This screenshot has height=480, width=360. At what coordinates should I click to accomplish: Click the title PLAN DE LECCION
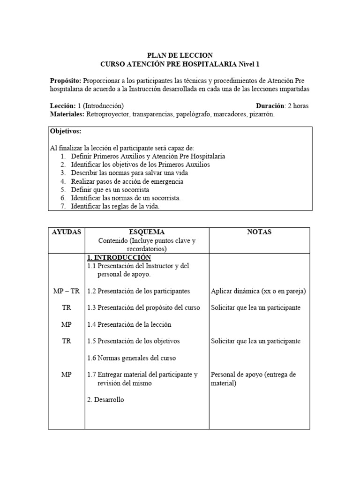click(180, 55)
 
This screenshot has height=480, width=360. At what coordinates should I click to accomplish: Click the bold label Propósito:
click(65, 81)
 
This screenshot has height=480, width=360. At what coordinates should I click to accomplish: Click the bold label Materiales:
click(67, 114)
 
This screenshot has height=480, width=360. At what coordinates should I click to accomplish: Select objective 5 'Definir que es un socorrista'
click(110, 190)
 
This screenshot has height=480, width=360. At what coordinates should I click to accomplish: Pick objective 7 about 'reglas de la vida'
click(115, 207)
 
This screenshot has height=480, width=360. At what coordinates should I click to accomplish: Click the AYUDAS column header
click(66, 232)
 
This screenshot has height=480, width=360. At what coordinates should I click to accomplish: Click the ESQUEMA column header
click(146, 232)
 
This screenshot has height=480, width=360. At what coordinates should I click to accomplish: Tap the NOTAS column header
click(259, 232)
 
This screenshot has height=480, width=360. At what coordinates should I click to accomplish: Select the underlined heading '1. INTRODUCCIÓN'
click(119, 257)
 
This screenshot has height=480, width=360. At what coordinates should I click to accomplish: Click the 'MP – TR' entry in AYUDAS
click(66, 291)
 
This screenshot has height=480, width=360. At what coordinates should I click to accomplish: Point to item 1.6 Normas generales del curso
click(131, 358)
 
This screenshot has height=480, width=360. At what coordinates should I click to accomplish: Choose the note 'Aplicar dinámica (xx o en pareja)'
click(258, 291)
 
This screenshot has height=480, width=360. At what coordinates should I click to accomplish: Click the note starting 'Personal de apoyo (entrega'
click(254, 375)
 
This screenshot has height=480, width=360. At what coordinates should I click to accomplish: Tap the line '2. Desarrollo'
click(105, 400)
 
